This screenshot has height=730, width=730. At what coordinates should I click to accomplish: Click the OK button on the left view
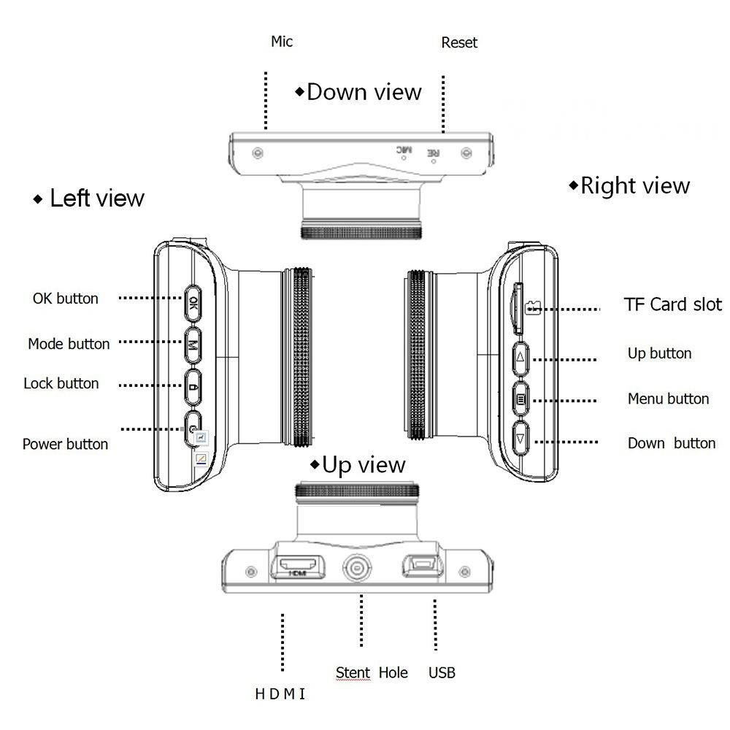193,302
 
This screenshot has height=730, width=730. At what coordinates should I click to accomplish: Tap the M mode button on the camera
193,342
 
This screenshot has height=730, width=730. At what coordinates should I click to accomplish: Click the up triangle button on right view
520,358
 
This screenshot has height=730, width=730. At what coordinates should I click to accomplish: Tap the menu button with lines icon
520,399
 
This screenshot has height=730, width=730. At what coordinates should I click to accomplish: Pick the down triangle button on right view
520,440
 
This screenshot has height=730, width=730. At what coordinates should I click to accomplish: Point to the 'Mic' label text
282,41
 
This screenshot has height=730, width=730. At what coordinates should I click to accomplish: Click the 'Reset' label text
459,43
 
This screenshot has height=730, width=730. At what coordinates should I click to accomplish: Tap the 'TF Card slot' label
672,304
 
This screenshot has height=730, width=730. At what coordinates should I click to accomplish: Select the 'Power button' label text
65,444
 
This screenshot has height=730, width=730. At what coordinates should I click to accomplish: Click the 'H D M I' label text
280,694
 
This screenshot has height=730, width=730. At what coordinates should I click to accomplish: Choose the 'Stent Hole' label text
372,672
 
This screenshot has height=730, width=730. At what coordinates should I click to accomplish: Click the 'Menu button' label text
668,399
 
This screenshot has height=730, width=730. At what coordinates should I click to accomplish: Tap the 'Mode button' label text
69,343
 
